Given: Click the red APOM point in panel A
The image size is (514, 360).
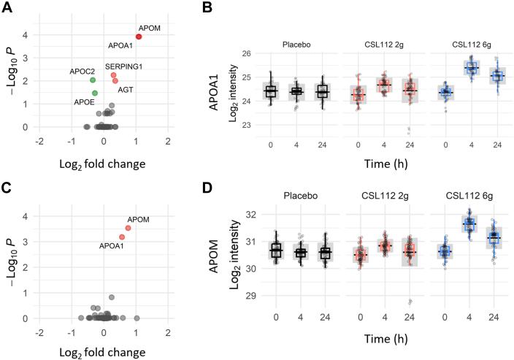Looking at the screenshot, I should coord(138,37).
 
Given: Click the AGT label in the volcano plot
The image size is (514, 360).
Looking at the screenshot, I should coord(126,91).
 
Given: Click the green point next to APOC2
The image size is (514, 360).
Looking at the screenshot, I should coord(93,80).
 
